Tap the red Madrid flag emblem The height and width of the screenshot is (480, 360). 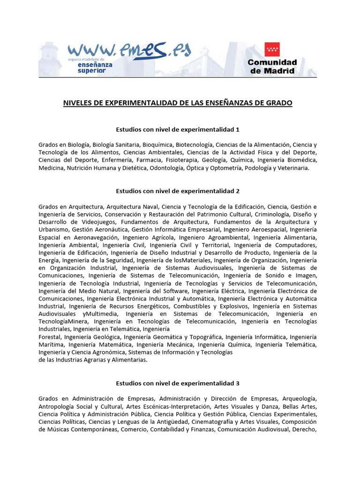pos(272,50)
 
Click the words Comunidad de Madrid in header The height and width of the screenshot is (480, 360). pos(272,67)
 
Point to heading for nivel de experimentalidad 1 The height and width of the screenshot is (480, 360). pos(178,129)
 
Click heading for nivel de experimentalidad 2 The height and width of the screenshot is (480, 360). pos(178,191)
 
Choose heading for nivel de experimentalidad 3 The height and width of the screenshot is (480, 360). pos(178,383)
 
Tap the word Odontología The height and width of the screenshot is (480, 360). pos(165,168)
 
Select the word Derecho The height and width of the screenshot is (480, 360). pos(304,429)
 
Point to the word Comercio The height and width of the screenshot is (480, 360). pos(135,429)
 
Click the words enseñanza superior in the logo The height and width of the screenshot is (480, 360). pos(94,68)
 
